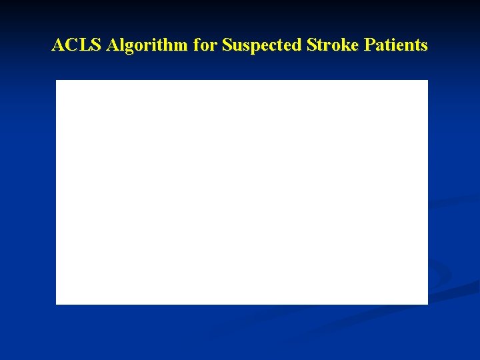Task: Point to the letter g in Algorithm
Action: (126, 47)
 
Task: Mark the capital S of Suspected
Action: (227, 45)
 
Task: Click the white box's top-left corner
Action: (56, 81)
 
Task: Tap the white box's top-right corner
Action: (427, 81)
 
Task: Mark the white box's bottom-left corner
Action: (56, 304)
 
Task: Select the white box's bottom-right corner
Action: (427, 304)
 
